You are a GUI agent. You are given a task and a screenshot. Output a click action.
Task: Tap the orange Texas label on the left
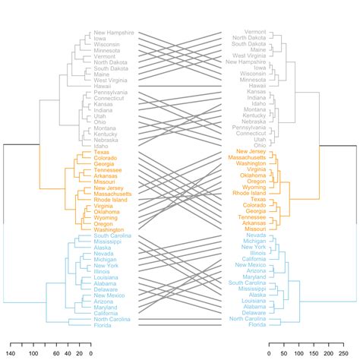[x=102, y=151]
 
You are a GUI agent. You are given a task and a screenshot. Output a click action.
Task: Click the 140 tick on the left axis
[x=11, y=352]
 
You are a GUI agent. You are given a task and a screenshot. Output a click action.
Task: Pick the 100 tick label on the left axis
[x=33, y=352]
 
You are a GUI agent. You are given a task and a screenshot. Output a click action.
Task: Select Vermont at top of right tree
[x=254, y=32]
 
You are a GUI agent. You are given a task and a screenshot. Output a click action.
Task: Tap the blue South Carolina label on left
[x=112, y=235]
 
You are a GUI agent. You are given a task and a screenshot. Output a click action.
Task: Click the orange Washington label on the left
[x=109, y=229]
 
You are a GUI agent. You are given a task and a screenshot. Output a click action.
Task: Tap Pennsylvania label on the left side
[x=111, y=92]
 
